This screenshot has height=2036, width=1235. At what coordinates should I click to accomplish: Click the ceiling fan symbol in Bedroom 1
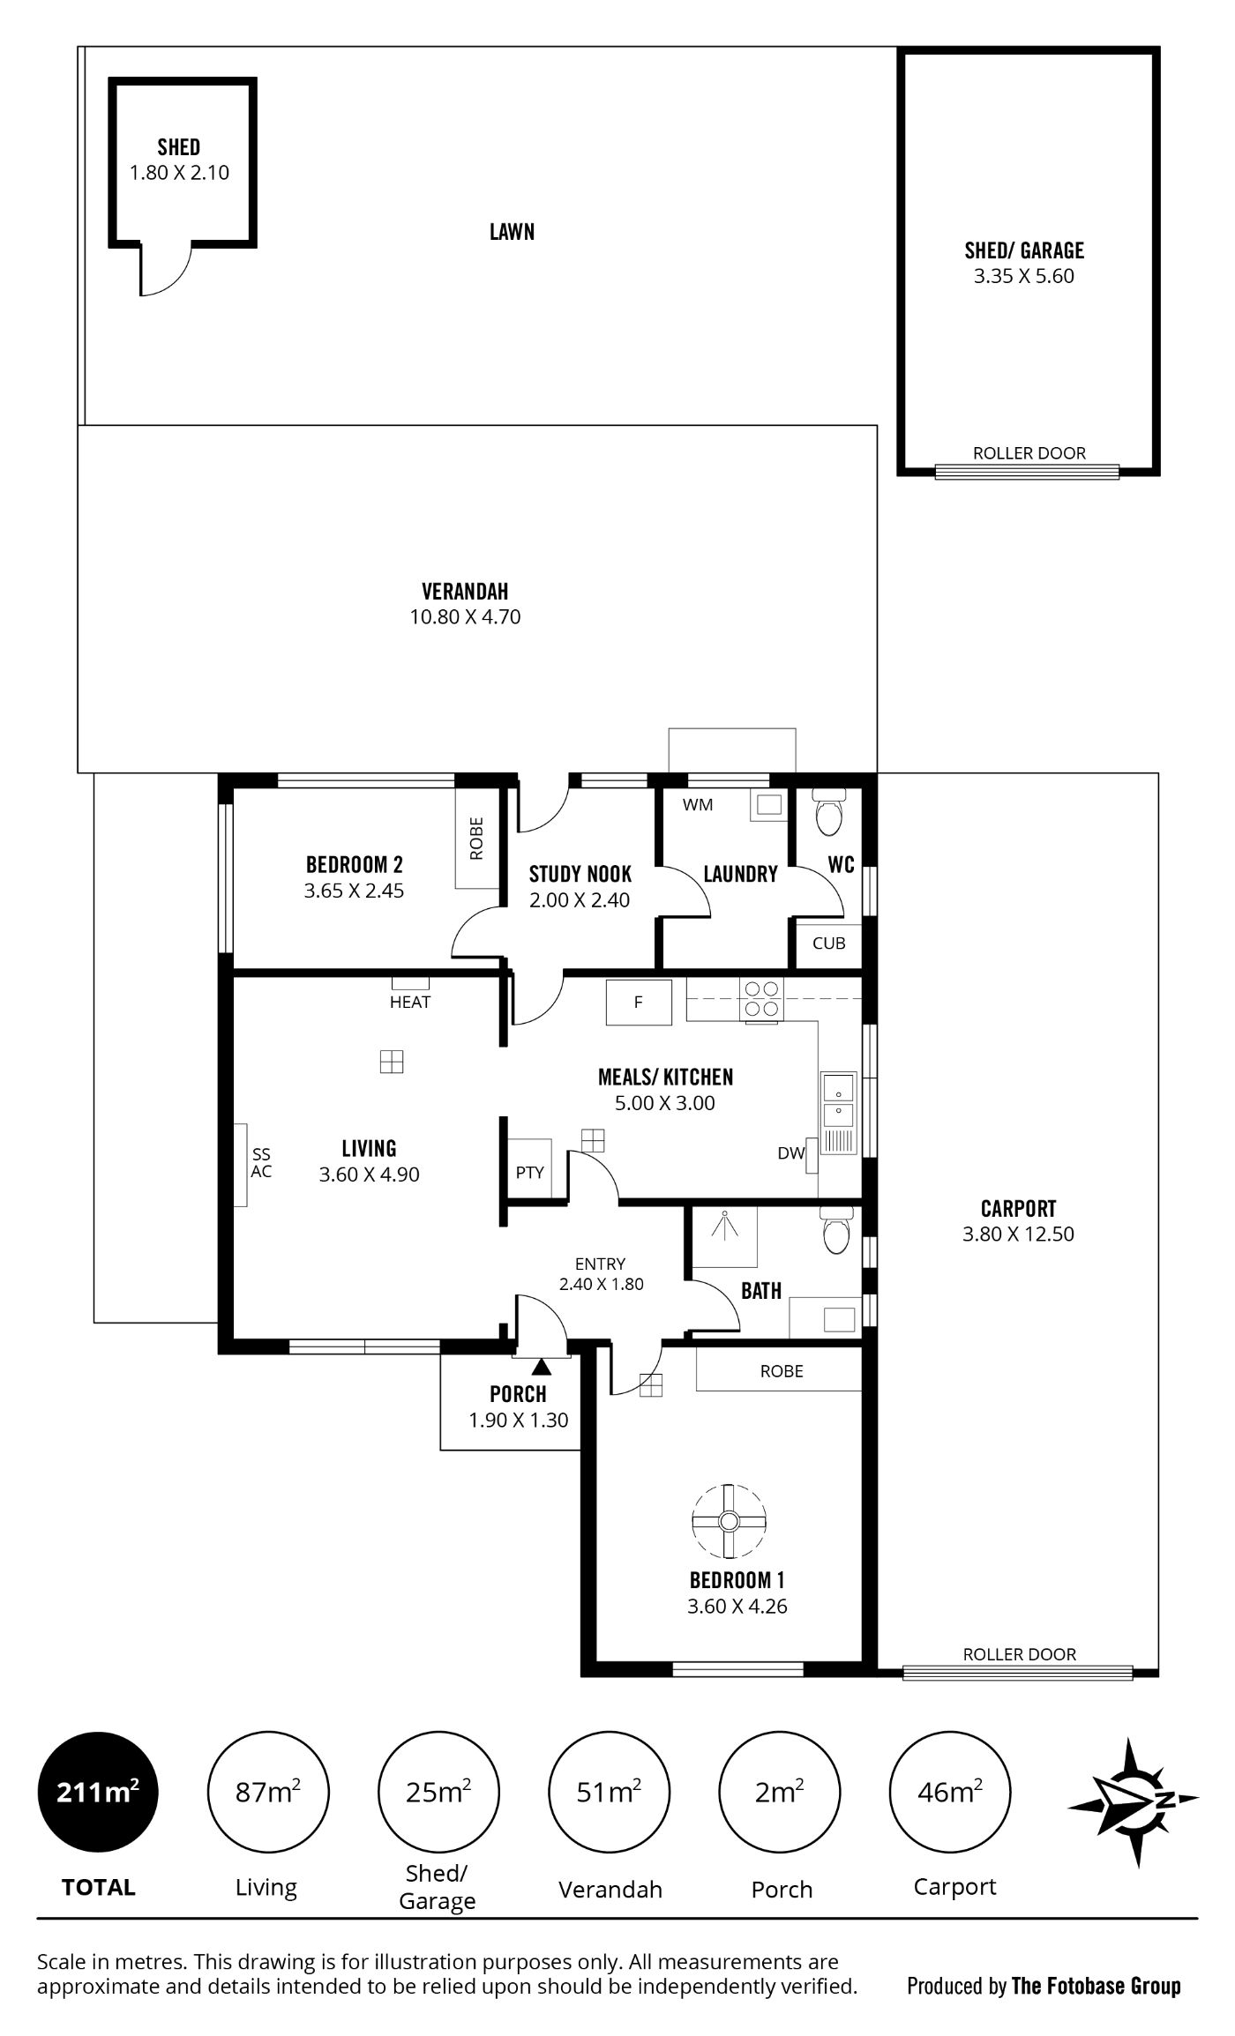(x=729, y=1521)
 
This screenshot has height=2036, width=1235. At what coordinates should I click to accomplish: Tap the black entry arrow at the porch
(x=542, y=1366)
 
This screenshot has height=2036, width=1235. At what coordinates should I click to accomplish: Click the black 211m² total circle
(x=97, y=1793)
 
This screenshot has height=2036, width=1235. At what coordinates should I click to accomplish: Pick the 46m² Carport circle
(x=950, y=1793)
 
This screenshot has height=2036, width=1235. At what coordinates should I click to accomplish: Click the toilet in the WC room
(x=829, y=812)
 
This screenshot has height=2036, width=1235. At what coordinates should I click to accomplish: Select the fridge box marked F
(x=639, y=1003)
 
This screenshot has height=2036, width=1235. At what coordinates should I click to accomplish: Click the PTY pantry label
(x=530, y=1173)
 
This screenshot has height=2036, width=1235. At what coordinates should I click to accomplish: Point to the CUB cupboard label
(x=829, y=943)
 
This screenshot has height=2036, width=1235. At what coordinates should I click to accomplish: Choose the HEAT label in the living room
(x=410, y=1002)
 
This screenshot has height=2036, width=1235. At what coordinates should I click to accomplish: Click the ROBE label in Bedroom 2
(x=476, y=839)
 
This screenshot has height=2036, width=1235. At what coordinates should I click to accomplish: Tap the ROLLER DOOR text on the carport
(x=1020, y=1654)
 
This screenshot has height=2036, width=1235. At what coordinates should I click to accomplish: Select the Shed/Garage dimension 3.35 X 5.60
(x=1024, y=276)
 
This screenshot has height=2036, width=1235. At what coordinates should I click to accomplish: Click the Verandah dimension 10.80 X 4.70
(x=465, y=617)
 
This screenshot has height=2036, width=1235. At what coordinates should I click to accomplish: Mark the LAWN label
(x=513, y=231)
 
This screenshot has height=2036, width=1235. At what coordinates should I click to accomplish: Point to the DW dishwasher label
(x=791, y=1152)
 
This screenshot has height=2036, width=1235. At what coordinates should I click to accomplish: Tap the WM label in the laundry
(x=698, y=804)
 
